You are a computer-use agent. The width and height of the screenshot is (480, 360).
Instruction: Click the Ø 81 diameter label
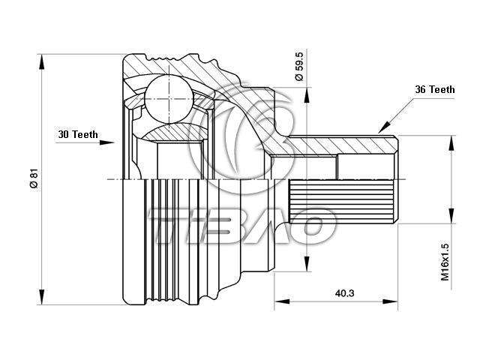tap(33, 178)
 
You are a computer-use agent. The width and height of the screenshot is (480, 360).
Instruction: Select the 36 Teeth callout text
tap(434, 89)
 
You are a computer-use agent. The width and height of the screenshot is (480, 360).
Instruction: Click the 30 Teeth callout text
tap(78, 134)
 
